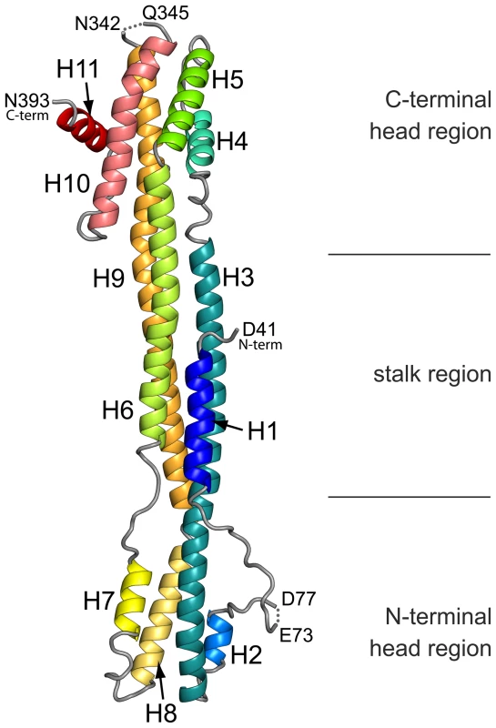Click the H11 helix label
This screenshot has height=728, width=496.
pos(77,70)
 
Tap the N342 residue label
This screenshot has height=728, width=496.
pos(97,24)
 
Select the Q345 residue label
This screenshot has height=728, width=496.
pos(166,13)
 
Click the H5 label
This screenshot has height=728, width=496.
pos(228,80)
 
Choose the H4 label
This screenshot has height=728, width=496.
pos(232,141)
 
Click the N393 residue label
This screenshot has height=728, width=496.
pos(27,100)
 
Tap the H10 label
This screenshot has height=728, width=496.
pos(66,184)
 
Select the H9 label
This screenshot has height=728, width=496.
pos(108,278)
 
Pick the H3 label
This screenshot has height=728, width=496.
pos(238,278)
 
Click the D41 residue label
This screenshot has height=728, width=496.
pos(259,329)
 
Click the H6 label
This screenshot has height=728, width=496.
pos(118,410)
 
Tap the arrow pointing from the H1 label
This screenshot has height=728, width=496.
pos(228,426)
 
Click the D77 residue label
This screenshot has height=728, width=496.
pos(299,599)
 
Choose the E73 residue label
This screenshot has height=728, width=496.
pos(297,634)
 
